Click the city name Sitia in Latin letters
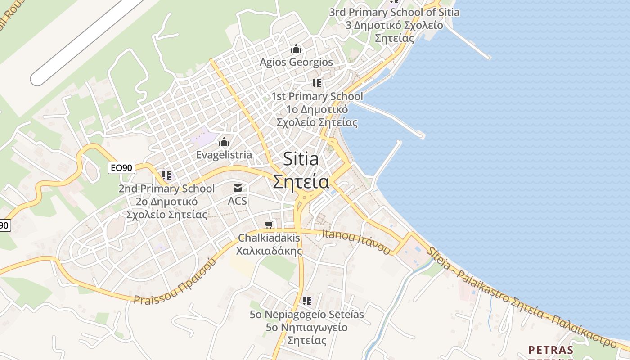coord(301,159)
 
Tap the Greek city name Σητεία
coord(301,182)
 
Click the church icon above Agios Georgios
coord(296,49)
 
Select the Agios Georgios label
coord(296,62)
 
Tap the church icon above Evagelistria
coord(224,142)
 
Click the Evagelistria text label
coord(224,155)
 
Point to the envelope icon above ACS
coord(237,188)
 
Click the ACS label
coord(237,201)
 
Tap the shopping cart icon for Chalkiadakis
coord(269,225)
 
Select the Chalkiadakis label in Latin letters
coord(269,238)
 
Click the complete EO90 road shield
coord(121,168)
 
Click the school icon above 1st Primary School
coord(317,83)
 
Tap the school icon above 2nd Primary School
coord(166,175)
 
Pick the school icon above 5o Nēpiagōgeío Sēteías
coord(307,301)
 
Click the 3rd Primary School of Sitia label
coord(394,12)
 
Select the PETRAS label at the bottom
coord(551,350)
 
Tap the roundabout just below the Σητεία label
coord(305,197)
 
